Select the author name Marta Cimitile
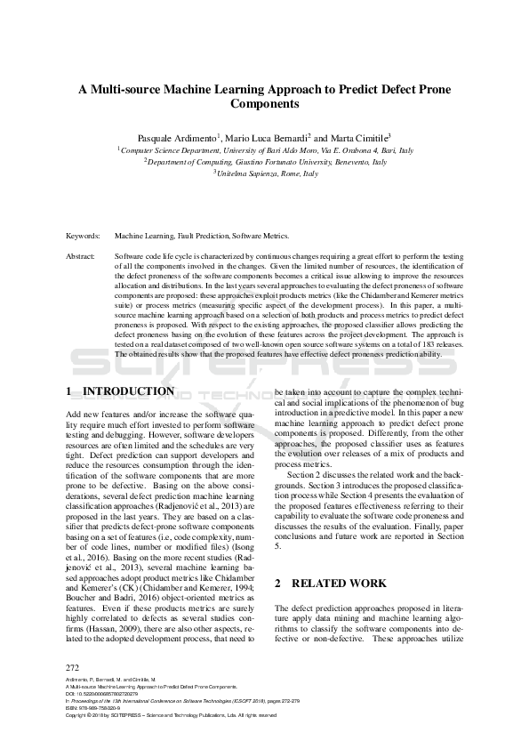click(x=354, y=138)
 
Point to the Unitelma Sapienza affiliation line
click(x=265, y=173)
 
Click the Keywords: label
click(x=84, y=238)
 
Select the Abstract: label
click(x=82, y=255)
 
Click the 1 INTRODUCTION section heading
click(x=120, y=391)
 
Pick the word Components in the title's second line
click(x=265, y=103)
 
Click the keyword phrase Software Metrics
click(x=260, y=238)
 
